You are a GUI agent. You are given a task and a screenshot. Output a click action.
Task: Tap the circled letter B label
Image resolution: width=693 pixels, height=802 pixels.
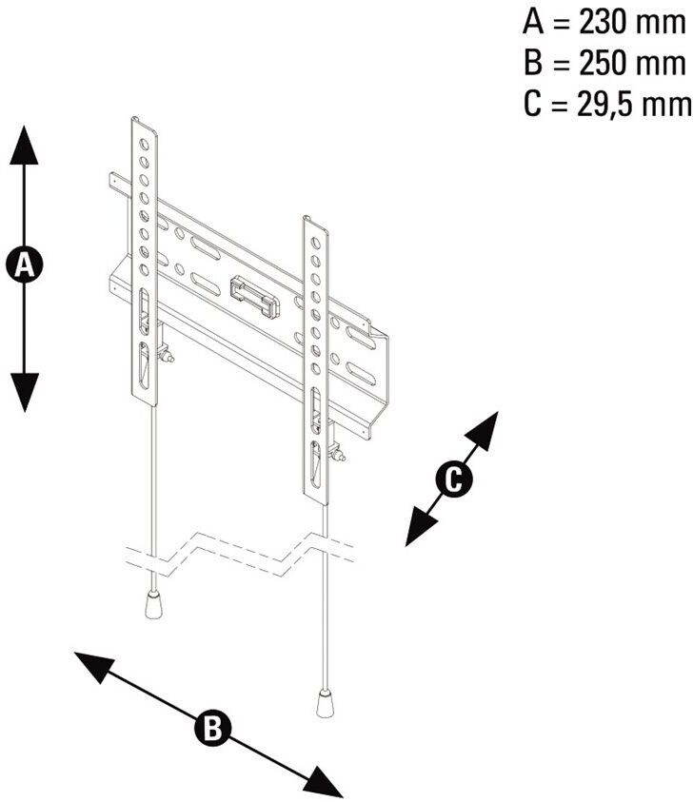209,729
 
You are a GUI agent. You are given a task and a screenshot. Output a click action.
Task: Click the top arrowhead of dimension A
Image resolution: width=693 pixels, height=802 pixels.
25,143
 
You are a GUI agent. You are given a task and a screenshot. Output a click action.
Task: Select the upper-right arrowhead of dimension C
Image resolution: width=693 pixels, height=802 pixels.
485,426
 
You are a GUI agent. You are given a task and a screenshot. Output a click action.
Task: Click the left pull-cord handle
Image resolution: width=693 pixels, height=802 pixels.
151,604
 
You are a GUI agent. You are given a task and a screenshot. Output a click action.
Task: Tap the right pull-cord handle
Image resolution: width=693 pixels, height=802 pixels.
325,705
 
